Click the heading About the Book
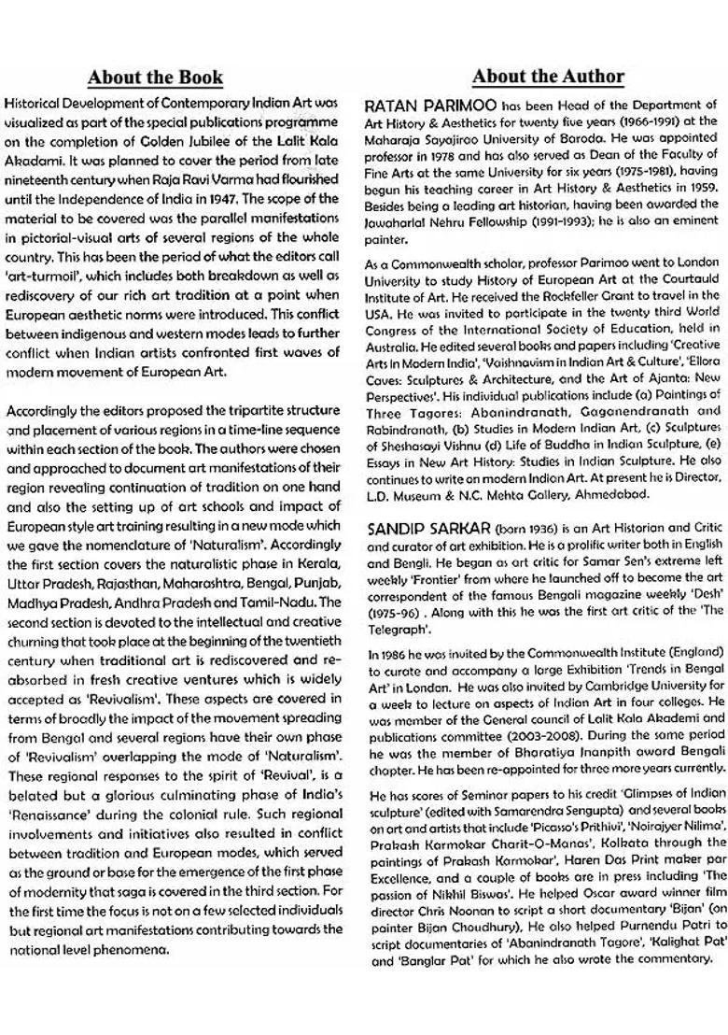[156, 77]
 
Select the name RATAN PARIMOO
[429, 106]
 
